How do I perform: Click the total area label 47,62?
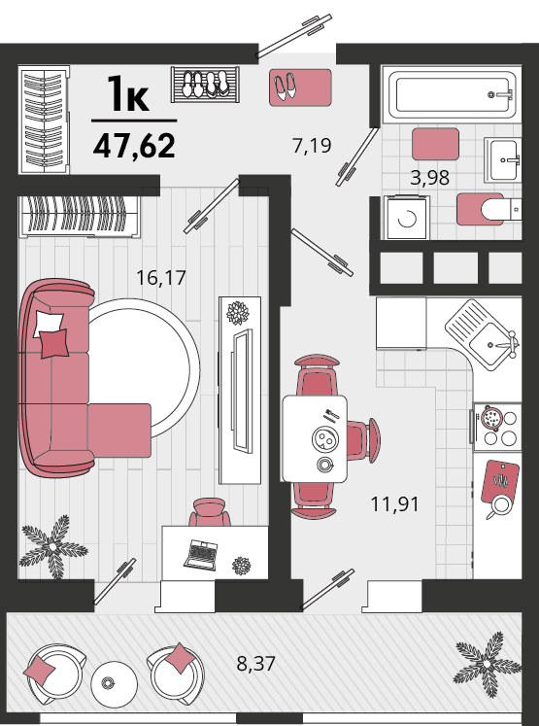tap(134, 146)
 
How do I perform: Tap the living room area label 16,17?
tap(161, 278)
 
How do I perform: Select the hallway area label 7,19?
tap(312, 146)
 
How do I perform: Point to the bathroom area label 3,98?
tap(430, 177)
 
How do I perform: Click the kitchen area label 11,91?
tap(394, 503)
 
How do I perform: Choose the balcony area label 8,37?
tap(255, 664)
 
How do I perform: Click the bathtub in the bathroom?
tap(452, 95)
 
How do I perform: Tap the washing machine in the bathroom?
tap(407, 218)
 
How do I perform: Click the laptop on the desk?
tap(200, 555)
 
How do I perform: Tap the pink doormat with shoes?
tap(300, 87)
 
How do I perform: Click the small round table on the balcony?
tap(114, 682)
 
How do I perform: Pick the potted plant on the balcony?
tap(487, 663)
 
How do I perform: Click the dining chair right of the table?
tap(363, 440)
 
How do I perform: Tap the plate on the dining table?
tap(325, 438)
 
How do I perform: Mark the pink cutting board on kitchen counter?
tap(500, 481)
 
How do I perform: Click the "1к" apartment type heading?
tap(127, 94)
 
